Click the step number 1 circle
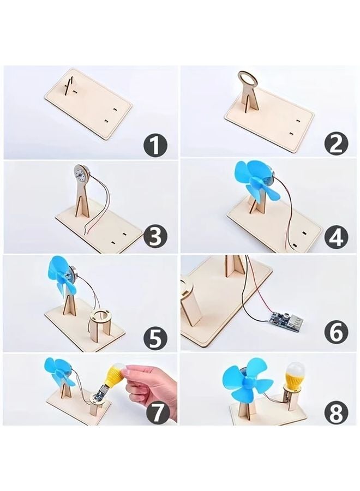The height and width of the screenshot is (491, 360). coord(155,145)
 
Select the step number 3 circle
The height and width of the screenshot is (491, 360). coord(155,237)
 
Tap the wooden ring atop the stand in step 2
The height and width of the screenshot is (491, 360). coord(248,79)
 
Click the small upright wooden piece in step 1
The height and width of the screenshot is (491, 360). coord(68,85)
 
